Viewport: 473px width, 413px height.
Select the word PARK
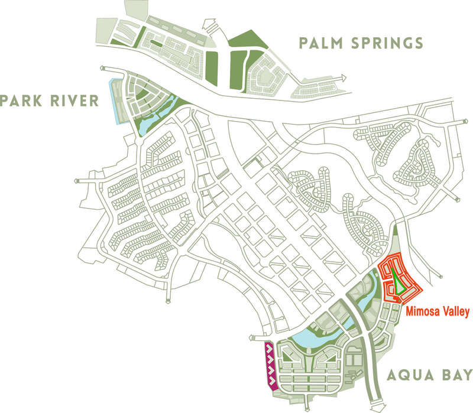pos(24,100)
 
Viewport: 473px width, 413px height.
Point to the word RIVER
pos(76,100)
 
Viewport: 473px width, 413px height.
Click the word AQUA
pos(408,375)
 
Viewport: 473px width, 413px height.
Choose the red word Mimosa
pos(421,311)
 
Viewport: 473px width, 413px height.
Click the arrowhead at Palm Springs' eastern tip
pos(342,76)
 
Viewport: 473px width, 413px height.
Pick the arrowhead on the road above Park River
pos(104,69)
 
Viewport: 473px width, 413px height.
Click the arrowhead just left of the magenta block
pos(253,338)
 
